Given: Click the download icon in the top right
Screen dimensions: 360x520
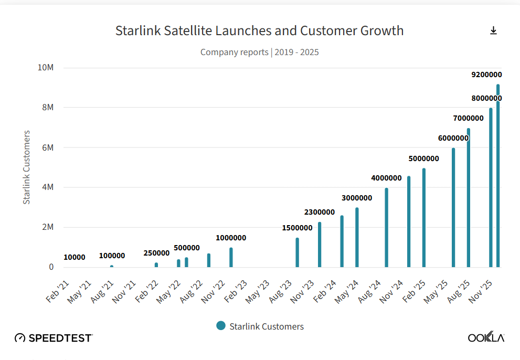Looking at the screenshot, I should point(493,31).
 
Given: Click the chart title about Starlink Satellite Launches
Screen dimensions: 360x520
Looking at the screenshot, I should point(259,30).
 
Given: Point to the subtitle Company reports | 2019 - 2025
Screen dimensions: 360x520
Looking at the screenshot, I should point(259,52).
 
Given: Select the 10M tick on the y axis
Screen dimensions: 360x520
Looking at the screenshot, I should point(46,68).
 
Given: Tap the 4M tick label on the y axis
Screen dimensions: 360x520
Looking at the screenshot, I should point(48,187).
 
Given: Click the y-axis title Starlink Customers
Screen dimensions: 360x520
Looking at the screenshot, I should point(26,167).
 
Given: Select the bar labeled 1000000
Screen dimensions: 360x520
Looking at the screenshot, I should point(231,257).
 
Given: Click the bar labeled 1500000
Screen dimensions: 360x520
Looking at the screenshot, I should point(297,252).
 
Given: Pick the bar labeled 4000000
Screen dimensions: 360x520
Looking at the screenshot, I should point(386,227).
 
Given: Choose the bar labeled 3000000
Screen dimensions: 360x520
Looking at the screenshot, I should point(357,237).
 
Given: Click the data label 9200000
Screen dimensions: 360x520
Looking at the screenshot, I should point(486,75).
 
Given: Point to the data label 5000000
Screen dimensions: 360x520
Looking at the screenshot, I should point(423,158).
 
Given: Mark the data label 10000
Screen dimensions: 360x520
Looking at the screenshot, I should point(75,257).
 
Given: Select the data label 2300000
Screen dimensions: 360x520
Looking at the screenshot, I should point(320,212).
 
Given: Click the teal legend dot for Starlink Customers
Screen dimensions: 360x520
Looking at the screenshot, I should point(221,326).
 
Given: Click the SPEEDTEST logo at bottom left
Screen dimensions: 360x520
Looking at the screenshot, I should point(54,338).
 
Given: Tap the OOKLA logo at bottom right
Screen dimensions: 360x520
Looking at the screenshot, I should point(486,337).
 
